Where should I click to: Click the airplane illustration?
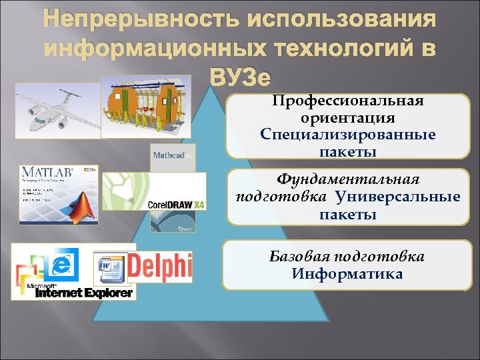point(56,106)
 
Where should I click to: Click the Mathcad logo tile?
point(173,155)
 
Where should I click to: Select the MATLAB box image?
point(58,193)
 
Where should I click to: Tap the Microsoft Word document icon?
point(109,267)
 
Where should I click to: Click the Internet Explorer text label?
point(83,293)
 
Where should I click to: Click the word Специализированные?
point(347,135)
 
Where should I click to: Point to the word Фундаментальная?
point(347,180)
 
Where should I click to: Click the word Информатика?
point(347,274)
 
